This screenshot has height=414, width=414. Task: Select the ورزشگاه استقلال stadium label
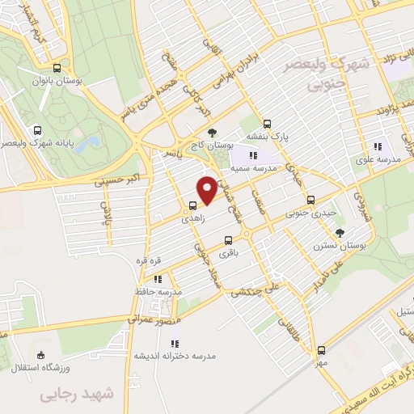pyautogui.click(x=40, y=369)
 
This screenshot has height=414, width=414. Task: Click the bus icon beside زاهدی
pyautogui.click(x=193, y=205)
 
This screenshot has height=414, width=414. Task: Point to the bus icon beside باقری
pyautogui.click(x=228, y=239)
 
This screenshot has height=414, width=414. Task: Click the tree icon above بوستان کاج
pyautogui.click(x=212, y=132)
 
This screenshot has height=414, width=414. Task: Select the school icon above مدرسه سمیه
pyautogui.click(x=253, y=156)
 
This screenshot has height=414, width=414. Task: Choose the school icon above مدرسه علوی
pyautogui.click(x=376, y=146)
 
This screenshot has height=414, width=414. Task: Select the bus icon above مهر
pyautogui.click(x=322, y=350)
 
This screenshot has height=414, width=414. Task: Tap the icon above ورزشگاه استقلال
pyautogui.click(x=41, y=355)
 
